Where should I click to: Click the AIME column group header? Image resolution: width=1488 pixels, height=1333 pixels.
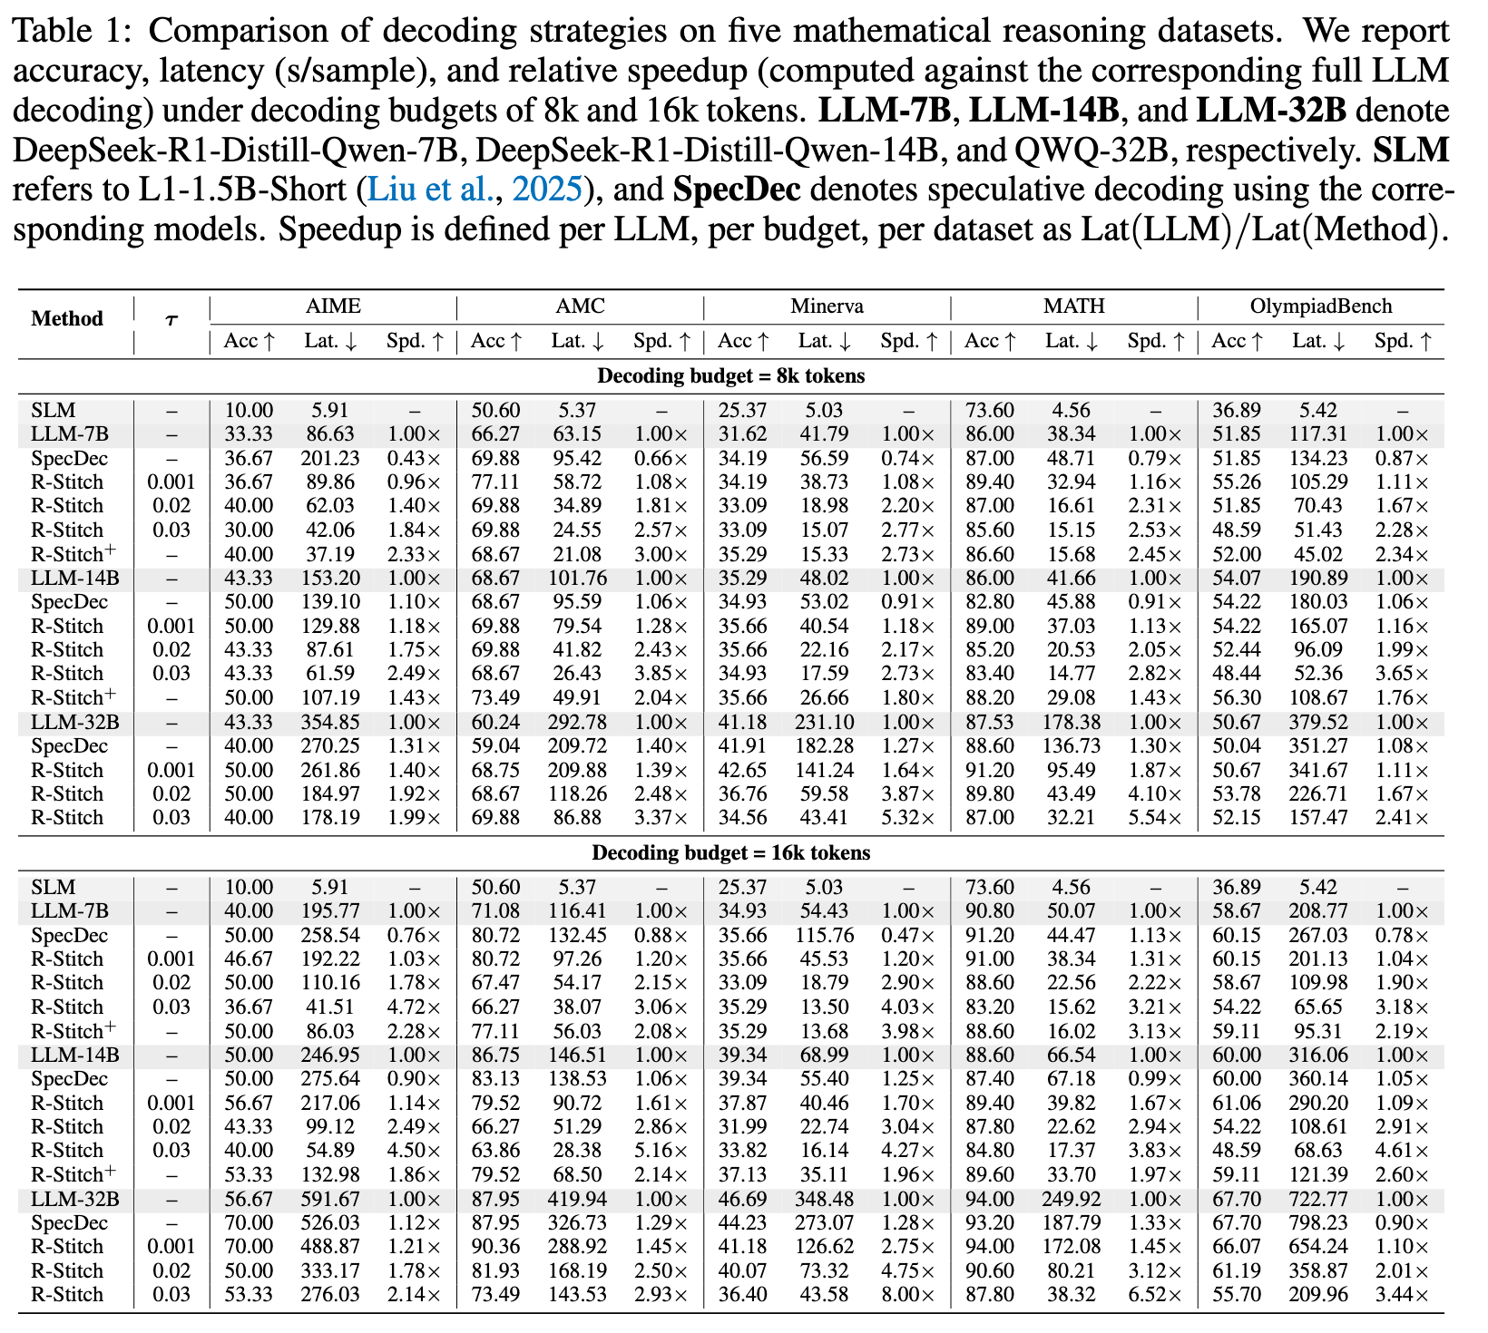333,306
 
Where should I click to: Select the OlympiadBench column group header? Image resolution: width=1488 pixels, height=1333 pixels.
1320,306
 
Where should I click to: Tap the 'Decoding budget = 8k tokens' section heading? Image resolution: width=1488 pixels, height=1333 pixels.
730,375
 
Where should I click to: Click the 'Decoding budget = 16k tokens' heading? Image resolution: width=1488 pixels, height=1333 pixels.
730,853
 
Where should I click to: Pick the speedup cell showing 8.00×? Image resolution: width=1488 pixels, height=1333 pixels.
908,1294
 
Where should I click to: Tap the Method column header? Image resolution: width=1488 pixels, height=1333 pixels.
67,319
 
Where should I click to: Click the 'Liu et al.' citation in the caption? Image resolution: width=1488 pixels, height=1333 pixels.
431,190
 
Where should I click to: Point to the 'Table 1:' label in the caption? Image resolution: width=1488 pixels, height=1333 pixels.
73,32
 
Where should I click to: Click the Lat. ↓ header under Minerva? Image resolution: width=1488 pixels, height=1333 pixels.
825,342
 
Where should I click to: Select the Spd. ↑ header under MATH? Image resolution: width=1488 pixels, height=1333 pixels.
1154,342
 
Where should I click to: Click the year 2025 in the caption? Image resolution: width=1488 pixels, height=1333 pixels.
546,190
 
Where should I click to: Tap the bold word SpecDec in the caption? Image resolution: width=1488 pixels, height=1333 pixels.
736,190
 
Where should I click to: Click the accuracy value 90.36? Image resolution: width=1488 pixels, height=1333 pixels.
495,1247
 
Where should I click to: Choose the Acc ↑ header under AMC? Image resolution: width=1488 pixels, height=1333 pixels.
496,342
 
